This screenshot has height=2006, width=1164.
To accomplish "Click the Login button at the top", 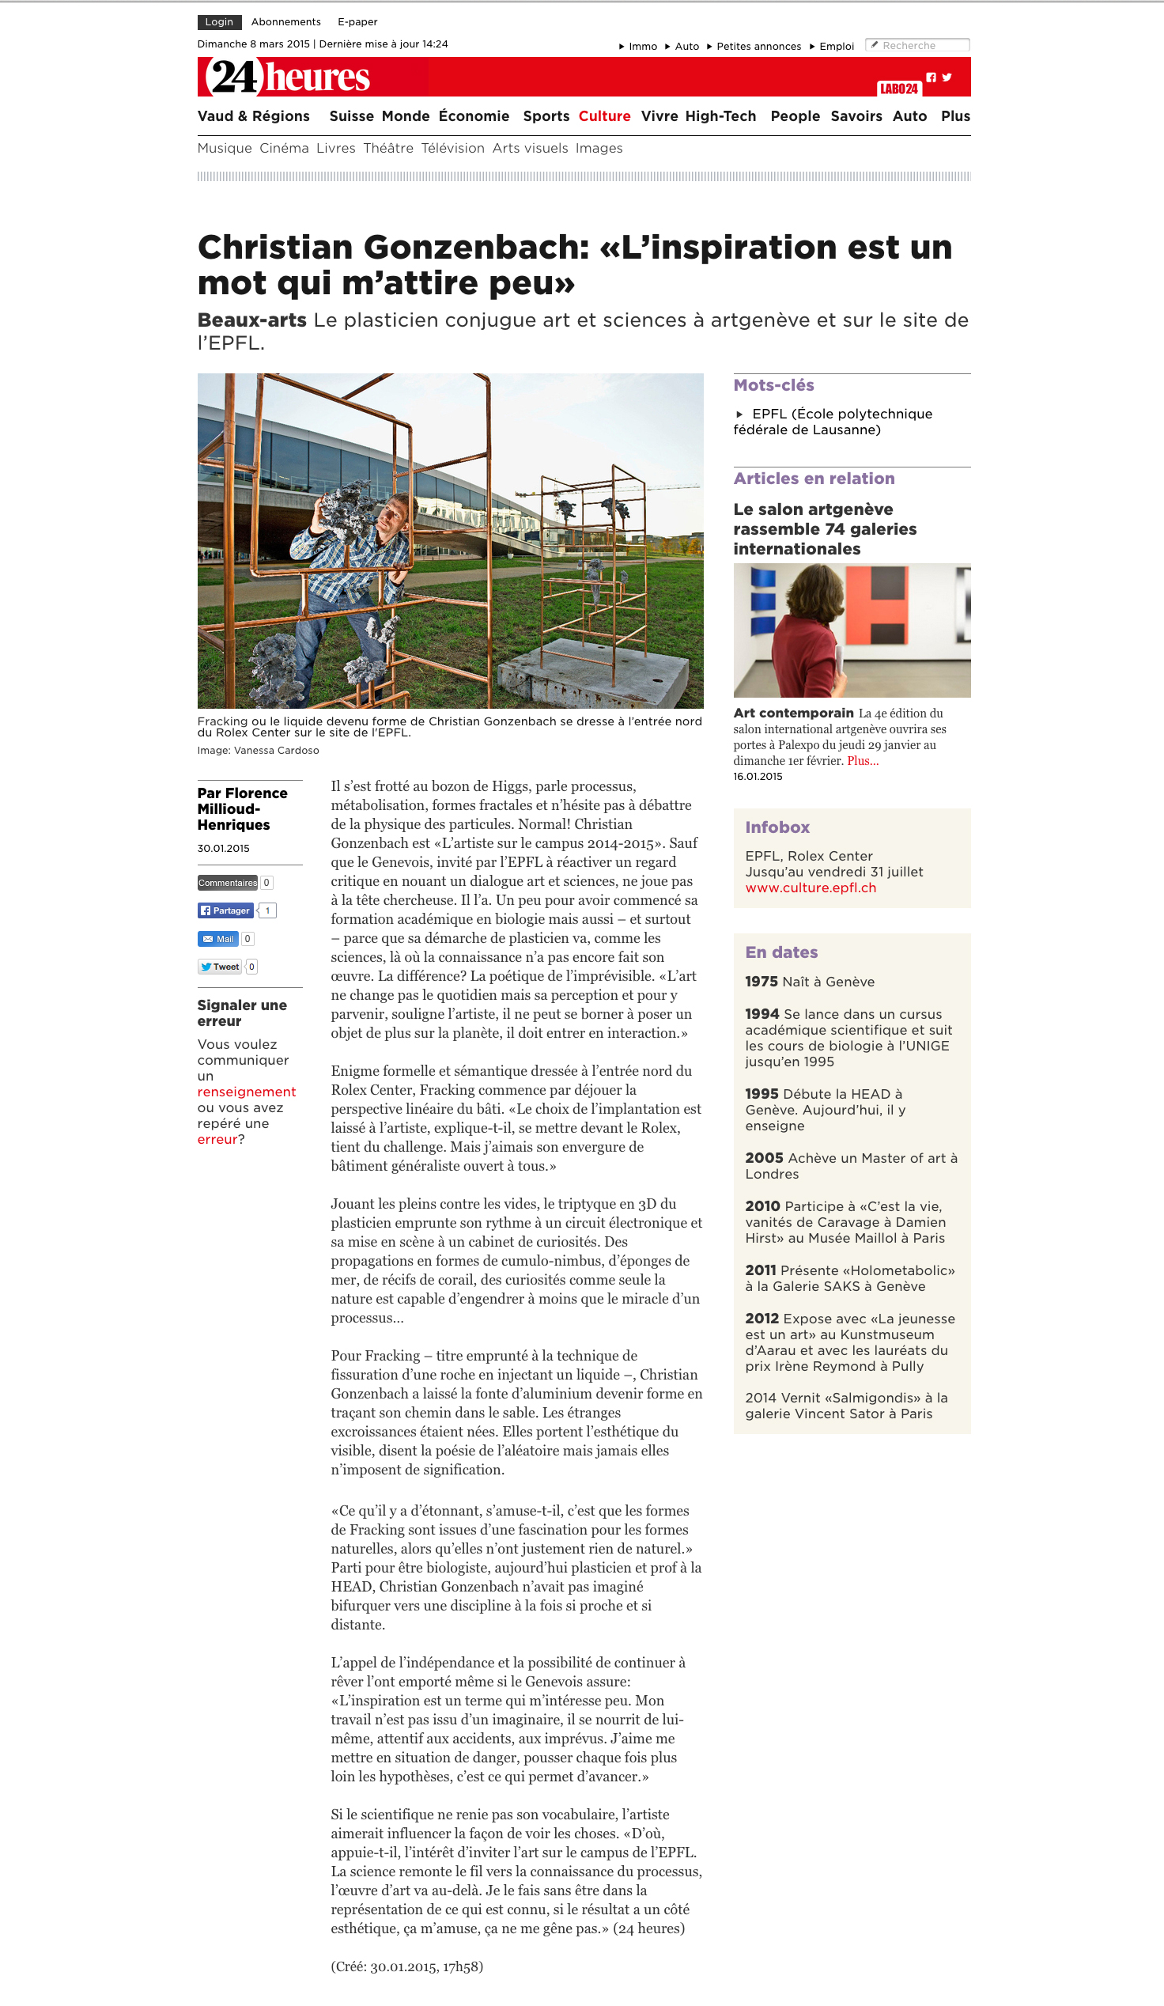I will [219, 22].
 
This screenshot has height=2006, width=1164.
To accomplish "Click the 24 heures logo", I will [287, 78].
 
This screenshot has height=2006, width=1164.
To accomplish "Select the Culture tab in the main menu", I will [604, 116].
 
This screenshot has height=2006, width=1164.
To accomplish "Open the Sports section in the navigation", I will [546, 116].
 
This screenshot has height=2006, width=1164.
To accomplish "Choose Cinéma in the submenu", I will [284, 148].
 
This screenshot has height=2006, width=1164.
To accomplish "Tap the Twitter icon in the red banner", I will [947, 78].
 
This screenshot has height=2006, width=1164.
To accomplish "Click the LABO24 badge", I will [898, 89].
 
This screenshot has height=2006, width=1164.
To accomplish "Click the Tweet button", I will [220, 967].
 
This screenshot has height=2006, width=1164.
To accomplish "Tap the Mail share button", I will [218, 938].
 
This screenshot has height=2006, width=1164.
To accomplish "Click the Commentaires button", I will [228, 882].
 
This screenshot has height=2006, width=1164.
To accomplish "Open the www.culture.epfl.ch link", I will [810, 888].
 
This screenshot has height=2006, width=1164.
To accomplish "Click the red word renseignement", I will [247, 1092].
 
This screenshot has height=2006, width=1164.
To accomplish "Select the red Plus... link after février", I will [863, 761].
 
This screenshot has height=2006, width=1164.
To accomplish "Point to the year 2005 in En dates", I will [764, 1157].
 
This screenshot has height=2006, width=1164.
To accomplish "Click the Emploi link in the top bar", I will [836, 46].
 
